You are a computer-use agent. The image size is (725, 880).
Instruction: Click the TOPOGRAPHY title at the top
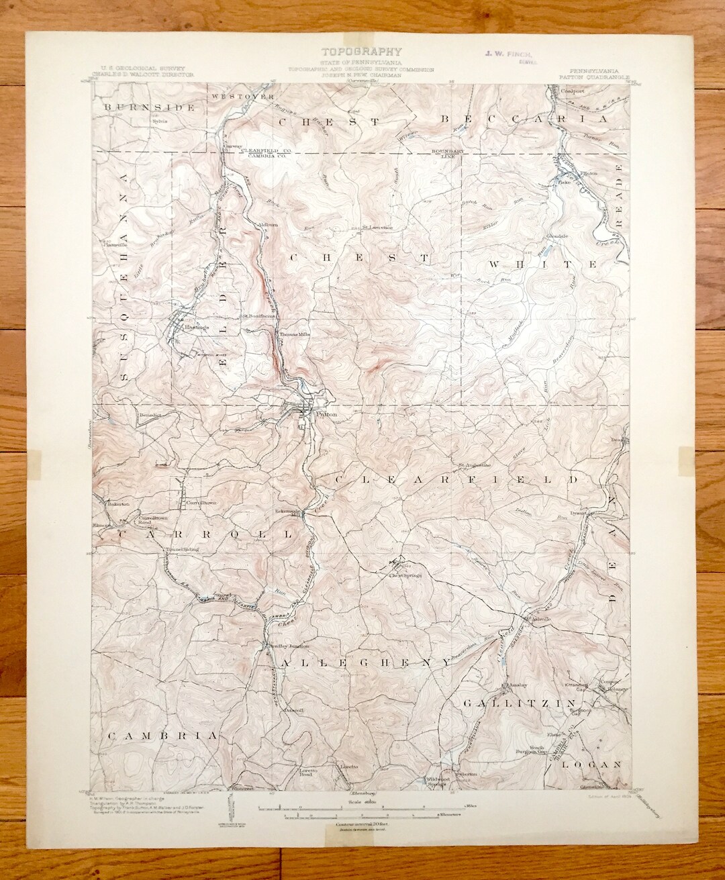tap(361, 51)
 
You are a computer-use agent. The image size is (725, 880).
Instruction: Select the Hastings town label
tap(198, 327)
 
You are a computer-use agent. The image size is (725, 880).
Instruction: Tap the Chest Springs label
tap(405, 575)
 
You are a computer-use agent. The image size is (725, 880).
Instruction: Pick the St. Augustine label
tap(475, 465)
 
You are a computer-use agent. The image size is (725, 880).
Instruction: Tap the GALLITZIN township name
tap(512, 704)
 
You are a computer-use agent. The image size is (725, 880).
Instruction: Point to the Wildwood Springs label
tap(436, 781)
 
